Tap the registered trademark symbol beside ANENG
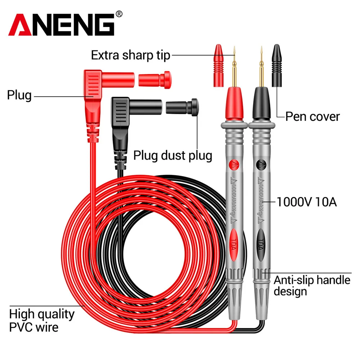click(120, 14)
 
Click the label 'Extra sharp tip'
click(130, 55)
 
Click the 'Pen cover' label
click(312, 116)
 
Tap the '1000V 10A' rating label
click(306, 202)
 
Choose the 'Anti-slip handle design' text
click(312, 285)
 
